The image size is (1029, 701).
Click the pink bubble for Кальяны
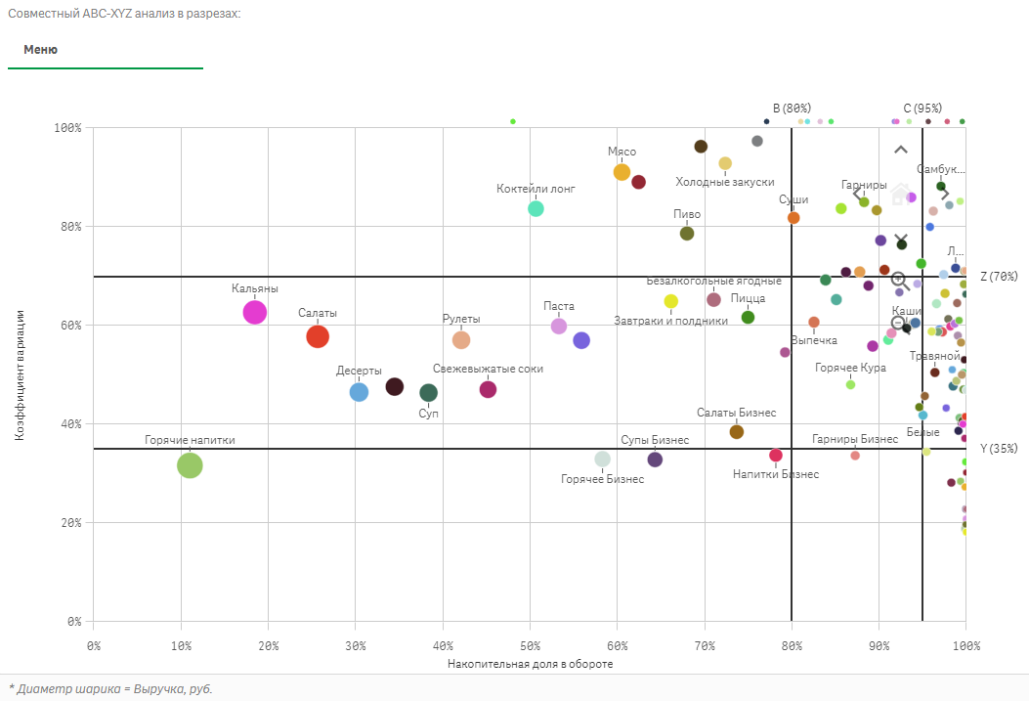tap(254, 312)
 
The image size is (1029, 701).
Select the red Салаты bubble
tap(318, 336)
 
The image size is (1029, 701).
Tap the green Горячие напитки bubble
tap(190, 465)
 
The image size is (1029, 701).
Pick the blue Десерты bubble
tap(359, 392)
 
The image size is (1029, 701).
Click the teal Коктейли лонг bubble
tap(536, 208)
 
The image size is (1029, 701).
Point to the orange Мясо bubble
tap(622, 172)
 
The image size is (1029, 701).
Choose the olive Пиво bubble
tap(687, 233)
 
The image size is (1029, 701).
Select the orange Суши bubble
tap(793, 218)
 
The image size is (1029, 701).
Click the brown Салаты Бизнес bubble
tap(737, 432)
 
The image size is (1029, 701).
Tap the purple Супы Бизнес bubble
tap(655, 460)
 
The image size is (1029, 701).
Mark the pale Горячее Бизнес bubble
tap(602, 460)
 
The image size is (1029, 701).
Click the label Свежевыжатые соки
tap(488, 369)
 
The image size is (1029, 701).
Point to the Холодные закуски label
tap(725, 182)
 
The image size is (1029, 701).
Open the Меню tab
tap(40, 50)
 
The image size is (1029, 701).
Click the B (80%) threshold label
tap(792, 108)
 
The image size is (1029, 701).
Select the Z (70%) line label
tap(999, 277)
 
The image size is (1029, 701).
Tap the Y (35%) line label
tap(999, 449)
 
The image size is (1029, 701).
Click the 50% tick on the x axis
tap(530, 645)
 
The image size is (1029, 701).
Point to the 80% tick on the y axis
tap(68, 227)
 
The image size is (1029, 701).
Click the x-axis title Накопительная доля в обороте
tap(530, 665)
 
